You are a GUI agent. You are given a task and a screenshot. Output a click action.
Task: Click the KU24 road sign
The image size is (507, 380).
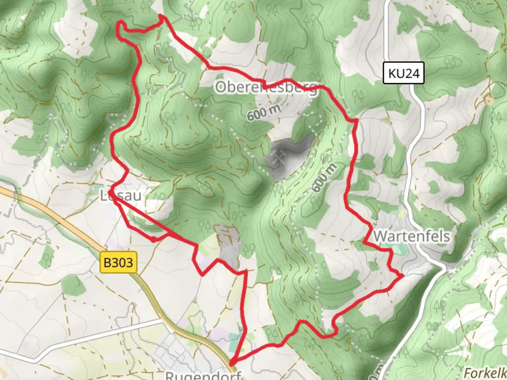click(403, 73)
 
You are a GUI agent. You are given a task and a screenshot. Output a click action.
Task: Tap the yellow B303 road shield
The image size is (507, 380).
click(119, 262)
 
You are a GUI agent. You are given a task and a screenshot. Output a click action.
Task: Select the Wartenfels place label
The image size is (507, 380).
click(411, 236)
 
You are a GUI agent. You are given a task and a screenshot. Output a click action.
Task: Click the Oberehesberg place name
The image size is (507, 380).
click(266, 88)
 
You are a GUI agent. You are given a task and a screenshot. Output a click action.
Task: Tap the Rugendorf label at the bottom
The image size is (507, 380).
click(203, 375)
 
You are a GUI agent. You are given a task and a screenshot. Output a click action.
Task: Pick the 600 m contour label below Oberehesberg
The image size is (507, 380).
click(264, 113)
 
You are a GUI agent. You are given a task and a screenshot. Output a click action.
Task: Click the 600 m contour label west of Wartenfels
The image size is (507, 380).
click(324, 178)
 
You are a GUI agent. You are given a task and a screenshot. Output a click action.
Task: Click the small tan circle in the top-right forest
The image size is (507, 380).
click(488, 100)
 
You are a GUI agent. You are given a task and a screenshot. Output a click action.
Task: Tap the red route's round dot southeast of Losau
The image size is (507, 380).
click(154, 240)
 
